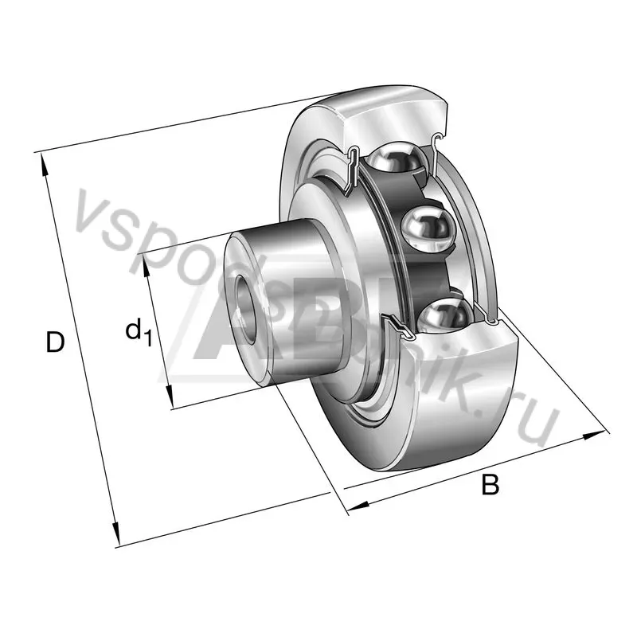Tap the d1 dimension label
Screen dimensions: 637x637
click(x=138, y=330)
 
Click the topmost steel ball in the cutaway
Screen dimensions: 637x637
click(x=398, y=159)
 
